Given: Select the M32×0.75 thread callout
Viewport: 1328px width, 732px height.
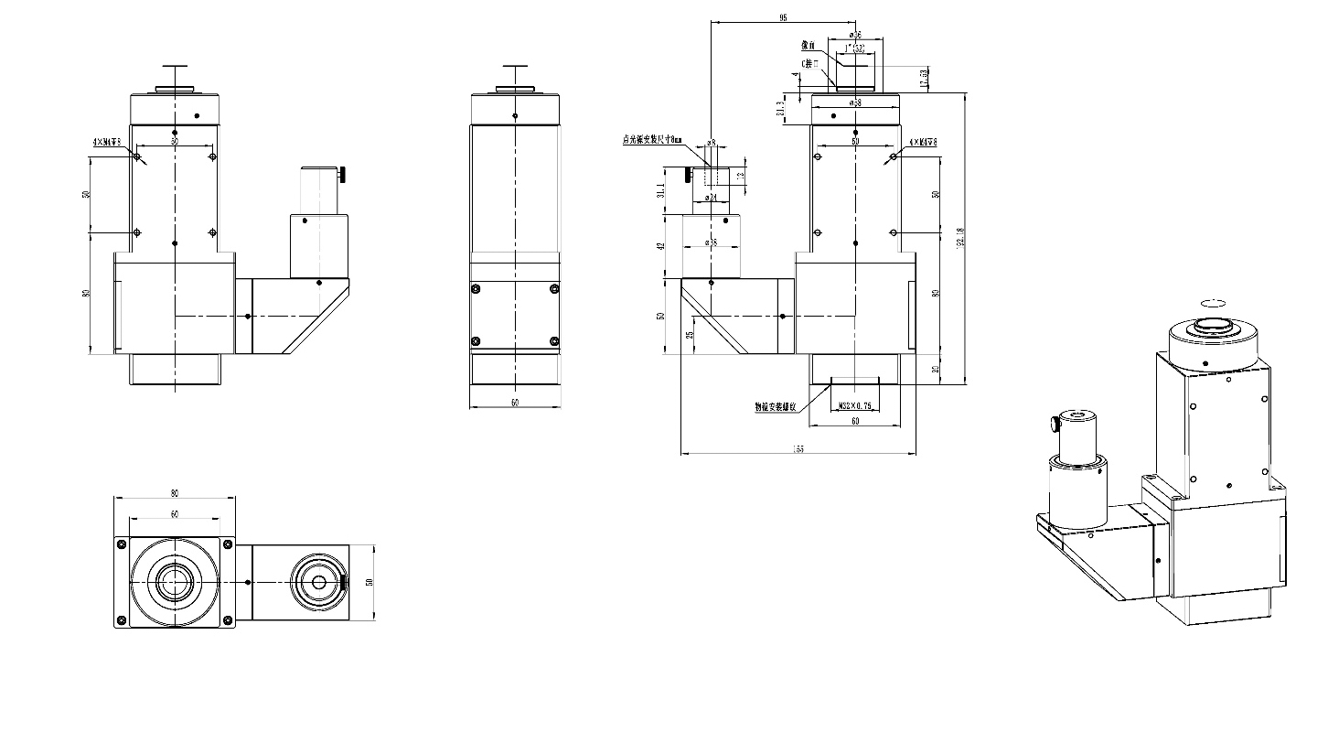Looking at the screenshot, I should tap(853, 406).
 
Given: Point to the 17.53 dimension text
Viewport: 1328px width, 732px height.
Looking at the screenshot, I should tap(925, 79).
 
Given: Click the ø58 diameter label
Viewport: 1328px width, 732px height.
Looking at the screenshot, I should tap(855, 103).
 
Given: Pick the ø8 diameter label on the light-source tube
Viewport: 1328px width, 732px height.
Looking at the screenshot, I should tap(711, 144).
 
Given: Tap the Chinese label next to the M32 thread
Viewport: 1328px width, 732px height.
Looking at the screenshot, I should tap(776, 406).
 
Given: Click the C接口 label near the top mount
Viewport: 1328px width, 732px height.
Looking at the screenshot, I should tap(809, 63).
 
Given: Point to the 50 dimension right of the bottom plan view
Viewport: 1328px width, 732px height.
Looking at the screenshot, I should tap(369, 582).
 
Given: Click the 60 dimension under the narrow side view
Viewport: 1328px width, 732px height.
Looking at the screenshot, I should tap(515, 403).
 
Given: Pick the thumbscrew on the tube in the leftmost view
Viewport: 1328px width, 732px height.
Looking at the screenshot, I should tap(345, 174).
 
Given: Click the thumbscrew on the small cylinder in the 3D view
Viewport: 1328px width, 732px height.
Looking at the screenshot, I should tap(1053, 424).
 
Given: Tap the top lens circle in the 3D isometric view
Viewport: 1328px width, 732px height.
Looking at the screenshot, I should tap(1214, 327).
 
